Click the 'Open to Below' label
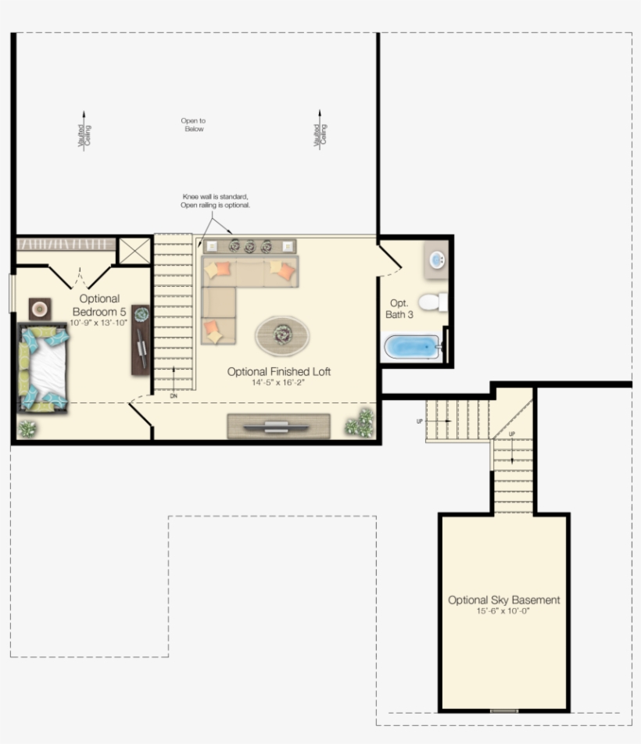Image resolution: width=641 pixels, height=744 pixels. coord(193,125)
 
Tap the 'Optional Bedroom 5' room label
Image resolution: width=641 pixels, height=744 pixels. coord(99,304)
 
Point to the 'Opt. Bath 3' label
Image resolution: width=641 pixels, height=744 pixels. coord(399,308)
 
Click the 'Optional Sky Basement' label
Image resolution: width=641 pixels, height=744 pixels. coord(503,600)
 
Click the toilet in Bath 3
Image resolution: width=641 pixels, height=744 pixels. coord(432,302)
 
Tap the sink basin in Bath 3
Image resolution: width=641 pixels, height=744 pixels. coord(438,260)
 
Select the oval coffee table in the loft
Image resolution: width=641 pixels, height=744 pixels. coord(282,335)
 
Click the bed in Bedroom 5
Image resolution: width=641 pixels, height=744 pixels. coord(44,368)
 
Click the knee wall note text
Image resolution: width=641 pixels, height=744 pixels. coord(216,201)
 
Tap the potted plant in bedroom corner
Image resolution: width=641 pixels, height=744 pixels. coord(27,427)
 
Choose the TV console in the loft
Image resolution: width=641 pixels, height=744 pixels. coord(278,426)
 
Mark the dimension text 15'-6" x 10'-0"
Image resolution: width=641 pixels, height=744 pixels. coord(503,611)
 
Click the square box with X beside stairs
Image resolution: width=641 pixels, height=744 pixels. coord(134,251)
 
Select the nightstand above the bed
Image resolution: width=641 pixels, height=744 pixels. coord(39,308)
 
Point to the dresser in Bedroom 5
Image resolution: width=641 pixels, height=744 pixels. coord(141,339)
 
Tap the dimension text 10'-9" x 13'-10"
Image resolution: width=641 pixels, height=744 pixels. coord(98,322)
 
